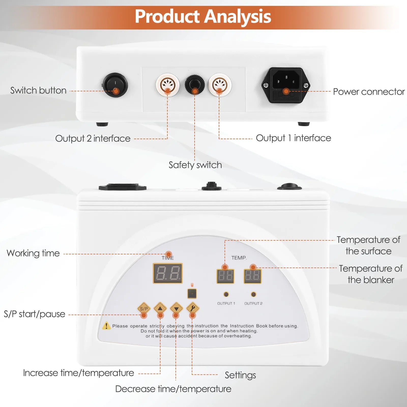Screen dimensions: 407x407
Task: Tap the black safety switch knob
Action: (195, 84)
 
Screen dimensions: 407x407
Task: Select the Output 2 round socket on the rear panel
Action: (168, 84)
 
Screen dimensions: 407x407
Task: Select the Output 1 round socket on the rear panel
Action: (220, 84)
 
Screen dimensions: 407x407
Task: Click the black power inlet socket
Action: (286, 85)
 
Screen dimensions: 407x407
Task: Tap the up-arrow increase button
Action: (160, 308)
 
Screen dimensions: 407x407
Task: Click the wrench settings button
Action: (193, 308)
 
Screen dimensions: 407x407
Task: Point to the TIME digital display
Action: (168, 273)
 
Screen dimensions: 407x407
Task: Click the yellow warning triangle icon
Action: (106, 326)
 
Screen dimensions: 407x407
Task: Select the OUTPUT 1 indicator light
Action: (226, 294)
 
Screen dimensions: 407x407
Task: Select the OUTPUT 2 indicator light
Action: (253, 294)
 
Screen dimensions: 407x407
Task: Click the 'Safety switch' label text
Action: (195, 165)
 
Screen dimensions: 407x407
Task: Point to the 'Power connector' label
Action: (369, 92)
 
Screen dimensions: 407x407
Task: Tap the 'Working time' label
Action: (33, 253)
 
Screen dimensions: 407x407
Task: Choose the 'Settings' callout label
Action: (240, 375)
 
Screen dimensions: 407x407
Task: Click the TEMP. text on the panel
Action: (239, 258)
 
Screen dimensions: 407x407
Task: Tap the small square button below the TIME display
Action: (192, 294)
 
